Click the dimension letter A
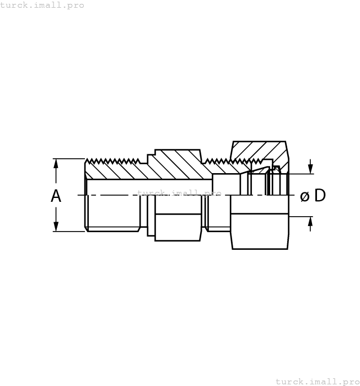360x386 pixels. click(56, 196)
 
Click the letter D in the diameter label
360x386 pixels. click(320, 196)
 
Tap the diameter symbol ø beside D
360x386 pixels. click(305, 196)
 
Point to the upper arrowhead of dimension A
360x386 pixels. click(56, 164)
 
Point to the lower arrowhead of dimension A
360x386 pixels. click(56, 227)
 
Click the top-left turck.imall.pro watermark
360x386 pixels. click(42, 5)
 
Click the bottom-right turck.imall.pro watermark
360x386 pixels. click(317, 381)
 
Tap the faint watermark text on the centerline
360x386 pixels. click(179, 194)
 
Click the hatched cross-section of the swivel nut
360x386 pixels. click(259, 150)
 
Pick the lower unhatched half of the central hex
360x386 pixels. click(178, 227)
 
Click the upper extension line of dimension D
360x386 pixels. click(300, 174)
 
